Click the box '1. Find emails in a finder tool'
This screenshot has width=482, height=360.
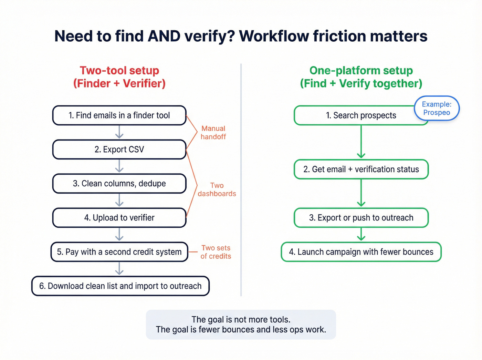coord(119,115)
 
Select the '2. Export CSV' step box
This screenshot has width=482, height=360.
coord(119,150)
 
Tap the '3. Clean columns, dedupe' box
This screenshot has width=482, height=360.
coord(119,184)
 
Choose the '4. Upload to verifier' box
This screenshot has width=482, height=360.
coord(119,218)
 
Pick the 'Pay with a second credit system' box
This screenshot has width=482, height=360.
coord(119,252)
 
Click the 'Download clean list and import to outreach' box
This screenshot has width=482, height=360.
coord(120,286)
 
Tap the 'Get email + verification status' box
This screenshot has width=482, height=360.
coord(361,169)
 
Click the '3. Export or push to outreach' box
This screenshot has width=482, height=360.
coord(361,218)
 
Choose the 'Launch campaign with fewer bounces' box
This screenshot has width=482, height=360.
coord(361,252)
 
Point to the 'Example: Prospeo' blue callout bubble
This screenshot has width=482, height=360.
coord(437,109)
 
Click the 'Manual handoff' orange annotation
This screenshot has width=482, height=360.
coord(213,133)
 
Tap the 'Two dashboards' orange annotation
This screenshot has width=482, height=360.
coord(217,189)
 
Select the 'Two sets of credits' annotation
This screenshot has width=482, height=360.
coord(216,252)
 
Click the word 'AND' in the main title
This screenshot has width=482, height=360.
coord(164,36)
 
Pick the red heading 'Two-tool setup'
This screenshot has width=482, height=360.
coord(119,71)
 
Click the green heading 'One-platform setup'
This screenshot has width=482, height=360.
coord(361,71)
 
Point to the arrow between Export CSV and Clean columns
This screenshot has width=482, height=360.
coord(119,166)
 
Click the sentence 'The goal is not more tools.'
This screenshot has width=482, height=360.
coord(241,319)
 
